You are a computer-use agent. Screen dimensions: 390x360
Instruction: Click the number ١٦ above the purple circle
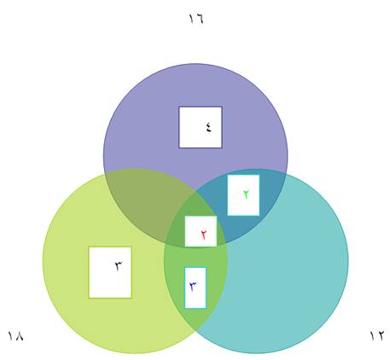196,19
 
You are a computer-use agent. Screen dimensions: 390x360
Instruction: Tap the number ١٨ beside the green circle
15,336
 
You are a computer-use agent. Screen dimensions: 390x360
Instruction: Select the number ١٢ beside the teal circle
377,335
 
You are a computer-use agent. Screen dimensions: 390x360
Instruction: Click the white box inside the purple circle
201,127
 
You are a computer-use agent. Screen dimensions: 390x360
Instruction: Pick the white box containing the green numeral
243,195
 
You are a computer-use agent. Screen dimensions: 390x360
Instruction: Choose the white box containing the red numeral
201,231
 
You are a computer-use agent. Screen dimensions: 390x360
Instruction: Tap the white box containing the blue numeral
195,287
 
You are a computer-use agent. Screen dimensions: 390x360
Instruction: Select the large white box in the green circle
110,272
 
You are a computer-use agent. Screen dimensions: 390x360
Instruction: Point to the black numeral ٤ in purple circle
209,127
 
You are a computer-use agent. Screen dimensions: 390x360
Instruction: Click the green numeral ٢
246,195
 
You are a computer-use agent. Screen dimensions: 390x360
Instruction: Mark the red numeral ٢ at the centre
204,235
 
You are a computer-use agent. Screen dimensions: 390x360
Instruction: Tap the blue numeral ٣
194,287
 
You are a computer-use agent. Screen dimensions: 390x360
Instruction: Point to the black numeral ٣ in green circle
119,266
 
